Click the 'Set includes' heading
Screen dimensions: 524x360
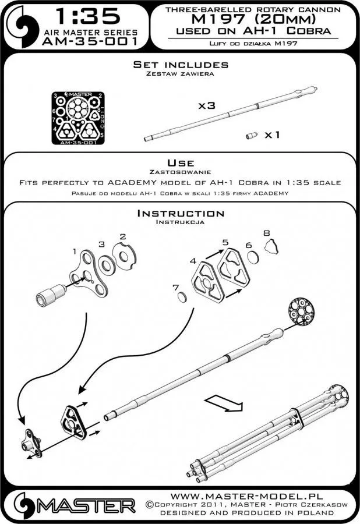click(x=179, y=65)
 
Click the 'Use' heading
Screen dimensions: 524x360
click(x=179, y=162)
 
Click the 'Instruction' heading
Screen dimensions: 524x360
click(x=179, y=214)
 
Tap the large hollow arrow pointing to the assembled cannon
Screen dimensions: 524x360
click(x=222, y=402)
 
